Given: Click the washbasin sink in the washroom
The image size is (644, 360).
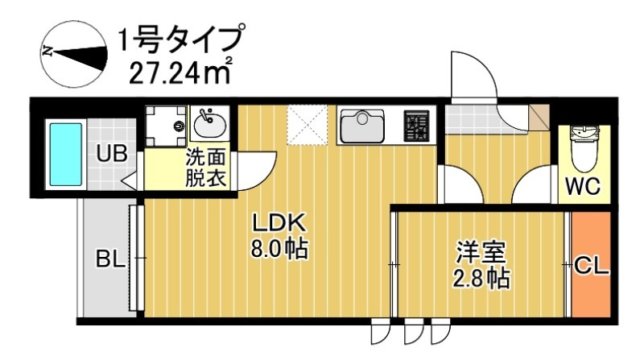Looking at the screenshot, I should [211, 125].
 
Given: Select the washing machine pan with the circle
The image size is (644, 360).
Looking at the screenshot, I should [167, 126].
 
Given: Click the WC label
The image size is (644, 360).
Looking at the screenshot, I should [582, 187].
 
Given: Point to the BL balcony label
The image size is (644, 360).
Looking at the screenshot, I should [109, 259].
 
